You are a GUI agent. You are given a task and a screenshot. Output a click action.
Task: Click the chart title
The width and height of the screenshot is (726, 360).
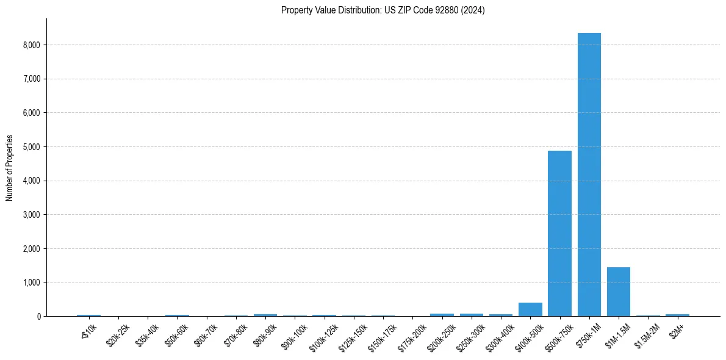point(383,10)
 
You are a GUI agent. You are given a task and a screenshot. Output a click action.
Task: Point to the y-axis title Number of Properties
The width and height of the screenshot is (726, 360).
point(10,168)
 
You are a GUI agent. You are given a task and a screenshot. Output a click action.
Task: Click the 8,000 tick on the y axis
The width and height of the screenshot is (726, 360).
point(32,45)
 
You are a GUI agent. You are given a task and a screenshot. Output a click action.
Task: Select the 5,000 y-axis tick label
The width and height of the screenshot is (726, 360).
point(32,147)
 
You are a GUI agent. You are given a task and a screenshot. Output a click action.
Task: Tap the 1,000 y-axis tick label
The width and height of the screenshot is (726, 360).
point(32,283)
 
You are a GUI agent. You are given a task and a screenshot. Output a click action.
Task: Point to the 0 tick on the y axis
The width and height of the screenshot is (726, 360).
point(38,317)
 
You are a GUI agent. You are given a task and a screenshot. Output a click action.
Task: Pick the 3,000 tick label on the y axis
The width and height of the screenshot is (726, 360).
point(32,215)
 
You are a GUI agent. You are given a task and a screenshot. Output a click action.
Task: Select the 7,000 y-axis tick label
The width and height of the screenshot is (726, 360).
point(32,79)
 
